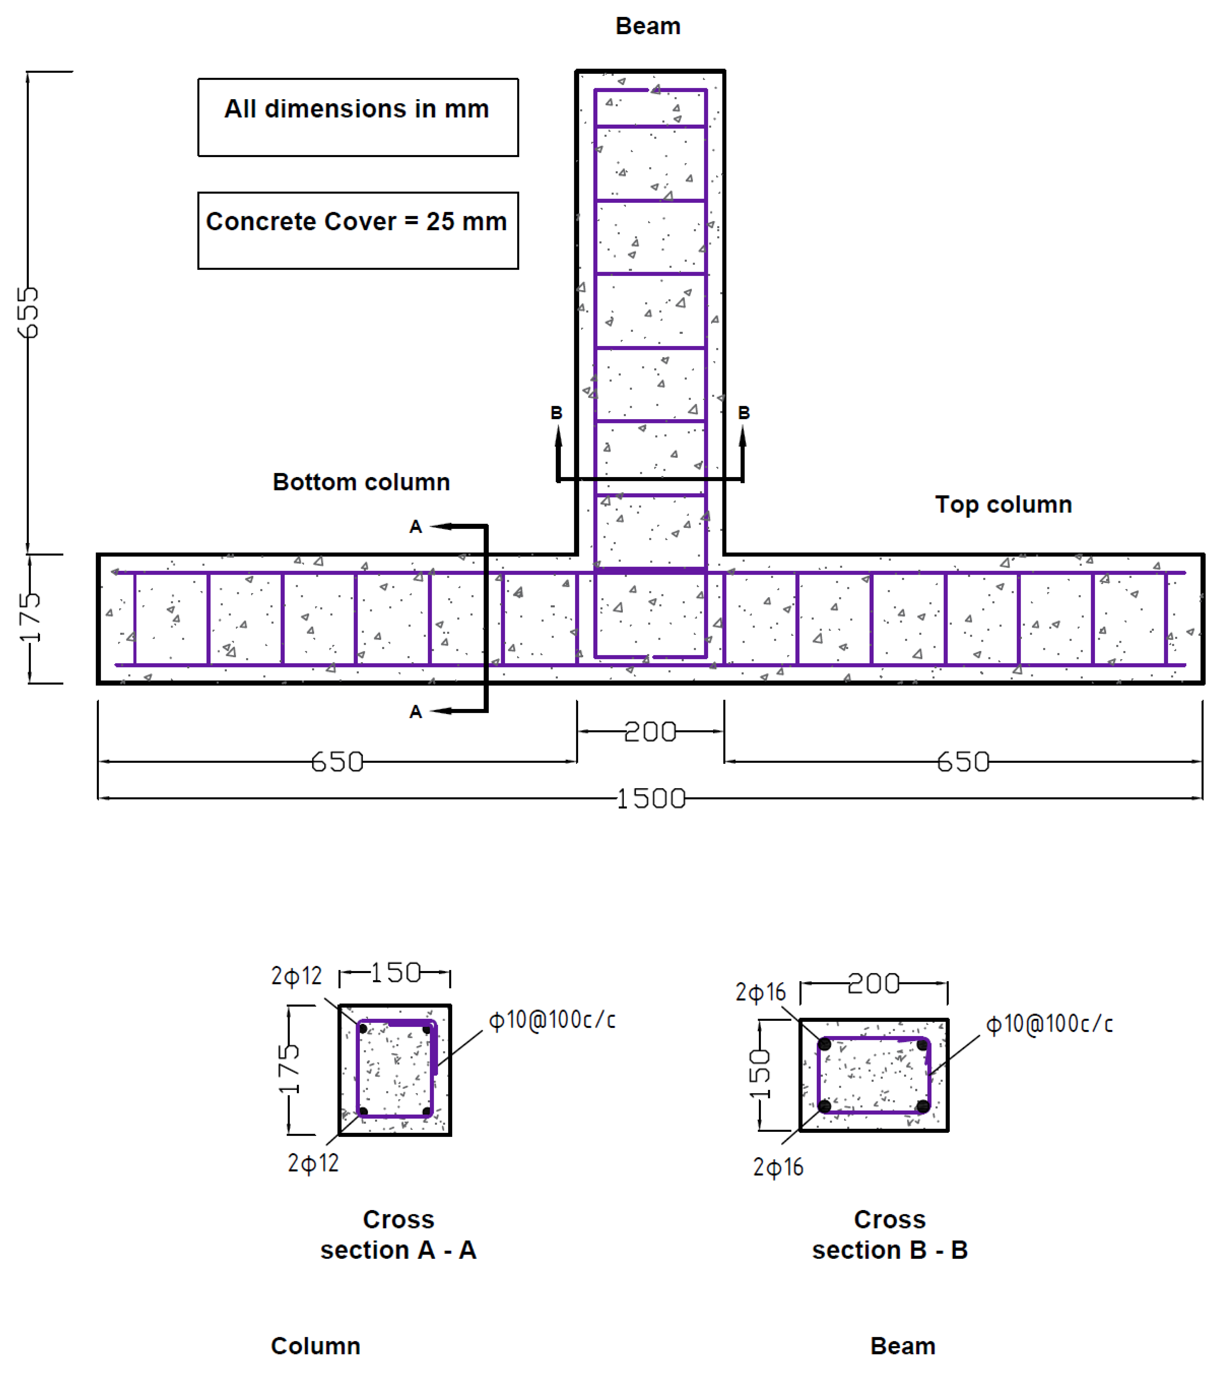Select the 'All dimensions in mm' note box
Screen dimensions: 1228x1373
pyautogui.click(x=358, y=118)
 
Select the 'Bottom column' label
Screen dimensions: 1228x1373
pyautogui.click(x=361, y=482)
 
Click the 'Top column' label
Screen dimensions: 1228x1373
pyautogui.click(x=1003, y=505)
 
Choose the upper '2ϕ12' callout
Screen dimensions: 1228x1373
pyautogui.click(x=296, y=976)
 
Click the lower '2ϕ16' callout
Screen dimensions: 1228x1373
pyautogui.click(x=778, y=1167)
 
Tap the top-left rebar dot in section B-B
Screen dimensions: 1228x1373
pyautogui.click(x=824, y=1044)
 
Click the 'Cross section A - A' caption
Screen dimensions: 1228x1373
pyautogui.click(x=398, y=1235)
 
